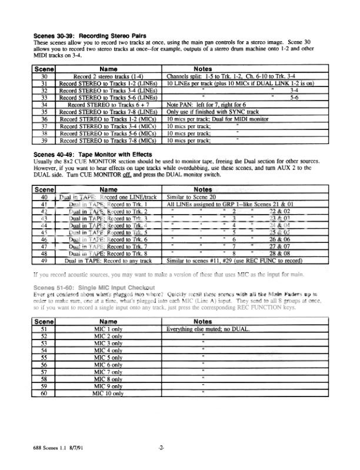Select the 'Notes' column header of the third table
point(202,322)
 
